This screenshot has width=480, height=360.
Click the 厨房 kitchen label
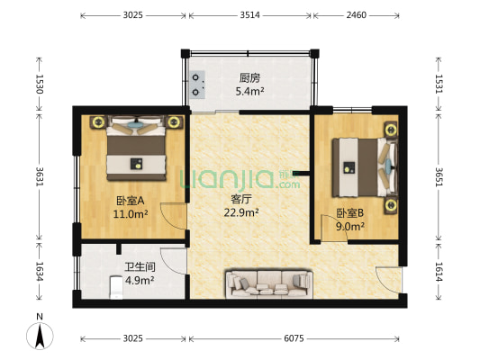coord(249,77)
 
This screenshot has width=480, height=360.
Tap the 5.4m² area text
coord(249,91)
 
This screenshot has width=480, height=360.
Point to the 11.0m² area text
coord(131,214)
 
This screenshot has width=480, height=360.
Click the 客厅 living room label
coord(240,200)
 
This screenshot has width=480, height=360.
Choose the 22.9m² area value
coord(241,213)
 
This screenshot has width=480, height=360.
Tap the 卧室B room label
coord(349,213)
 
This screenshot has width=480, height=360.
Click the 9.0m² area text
coord(349,227)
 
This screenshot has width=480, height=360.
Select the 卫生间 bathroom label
coord(138,266)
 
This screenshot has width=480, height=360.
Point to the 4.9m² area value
coord(139,280)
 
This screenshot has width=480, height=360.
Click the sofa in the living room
coord(269,283)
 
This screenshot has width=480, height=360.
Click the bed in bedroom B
coord(361,168)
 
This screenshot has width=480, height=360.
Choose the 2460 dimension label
coord(357,15)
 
